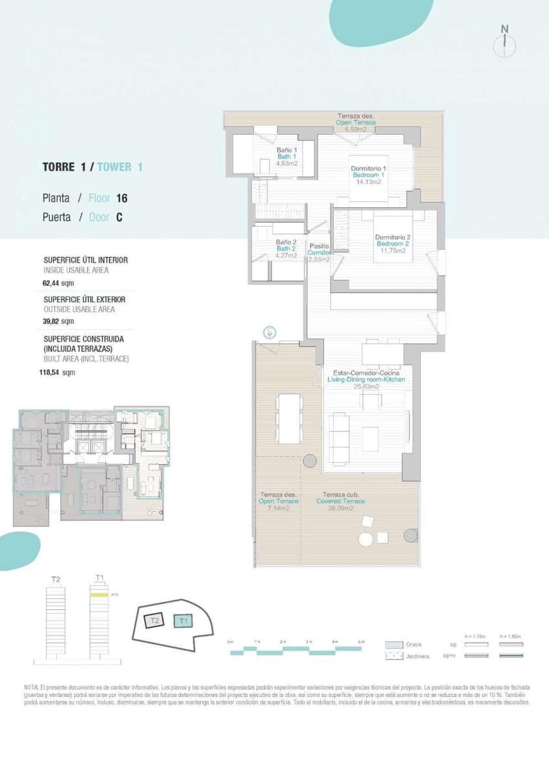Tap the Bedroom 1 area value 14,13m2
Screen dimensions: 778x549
click(369, 182)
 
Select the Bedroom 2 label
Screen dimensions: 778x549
click(393, 244)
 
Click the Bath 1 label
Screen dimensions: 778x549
click(286, 157)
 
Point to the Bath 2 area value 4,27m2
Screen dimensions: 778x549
click(286, 255)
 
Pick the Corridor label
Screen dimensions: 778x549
click(319, 253)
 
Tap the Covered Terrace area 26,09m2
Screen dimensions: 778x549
click(340, 508)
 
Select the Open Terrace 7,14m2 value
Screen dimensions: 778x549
click(279, 508)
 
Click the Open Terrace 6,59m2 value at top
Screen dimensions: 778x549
click(356, 129)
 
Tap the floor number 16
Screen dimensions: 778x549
click(122, 198)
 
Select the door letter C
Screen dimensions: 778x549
click(119, 218)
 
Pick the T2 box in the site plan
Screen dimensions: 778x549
click(154, 620)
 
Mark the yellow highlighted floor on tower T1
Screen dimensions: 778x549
click(99, 594)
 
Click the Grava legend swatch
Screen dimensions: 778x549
click(395, 645)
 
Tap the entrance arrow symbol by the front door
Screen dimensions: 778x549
click(270, 332)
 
